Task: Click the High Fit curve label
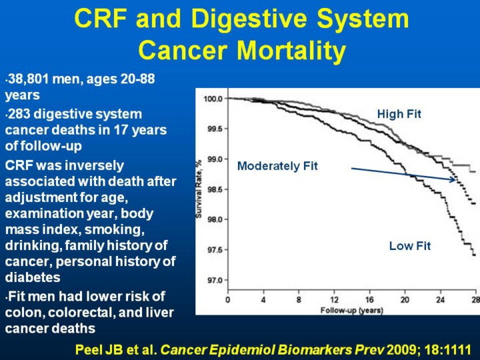point(399,114)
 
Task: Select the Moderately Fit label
point(277,166)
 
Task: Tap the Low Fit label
point(410,246)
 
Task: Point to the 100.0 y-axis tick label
point(213,99)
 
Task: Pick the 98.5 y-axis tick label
point(215,189)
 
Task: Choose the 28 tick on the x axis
point(475,300)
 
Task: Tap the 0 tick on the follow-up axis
point(228,300)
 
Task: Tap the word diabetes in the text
point(33,277)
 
